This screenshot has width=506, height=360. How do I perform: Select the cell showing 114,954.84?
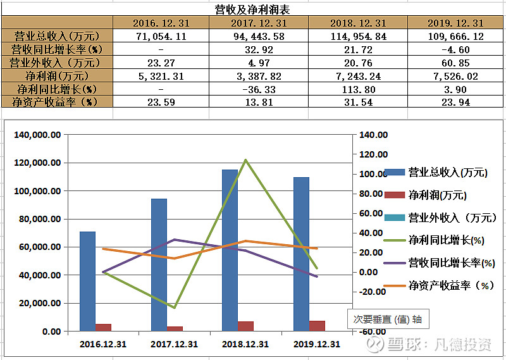pyautogui.click(x=358, y=36)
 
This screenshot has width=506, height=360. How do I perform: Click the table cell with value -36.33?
pyautogui.click(x=259, y=89)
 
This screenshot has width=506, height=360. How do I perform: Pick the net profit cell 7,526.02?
pyautogui.click(x=455, y=76)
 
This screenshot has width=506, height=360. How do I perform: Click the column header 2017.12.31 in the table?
pyautogui.click(x=259, y=23)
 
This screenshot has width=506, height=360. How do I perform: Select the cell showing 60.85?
pyautogui.click(x=455, y=63)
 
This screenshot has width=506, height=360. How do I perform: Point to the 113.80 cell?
pyautogui.click(x=358, y=89)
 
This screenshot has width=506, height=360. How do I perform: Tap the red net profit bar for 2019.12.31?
pyautogui.click(x=318, y=325)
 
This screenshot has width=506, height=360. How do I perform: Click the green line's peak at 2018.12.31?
pyautogui.click(x=245, y=160)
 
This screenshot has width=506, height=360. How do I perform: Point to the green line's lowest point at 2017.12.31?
pyautogui.click(x=174, y=307)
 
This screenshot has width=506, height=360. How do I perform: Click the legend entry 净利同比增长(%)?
pyautogui.click(x=446, y=240)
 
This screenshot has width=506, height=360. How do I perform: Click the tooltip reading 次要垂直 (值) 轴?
pyautogui.click(x=387, y=319)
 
